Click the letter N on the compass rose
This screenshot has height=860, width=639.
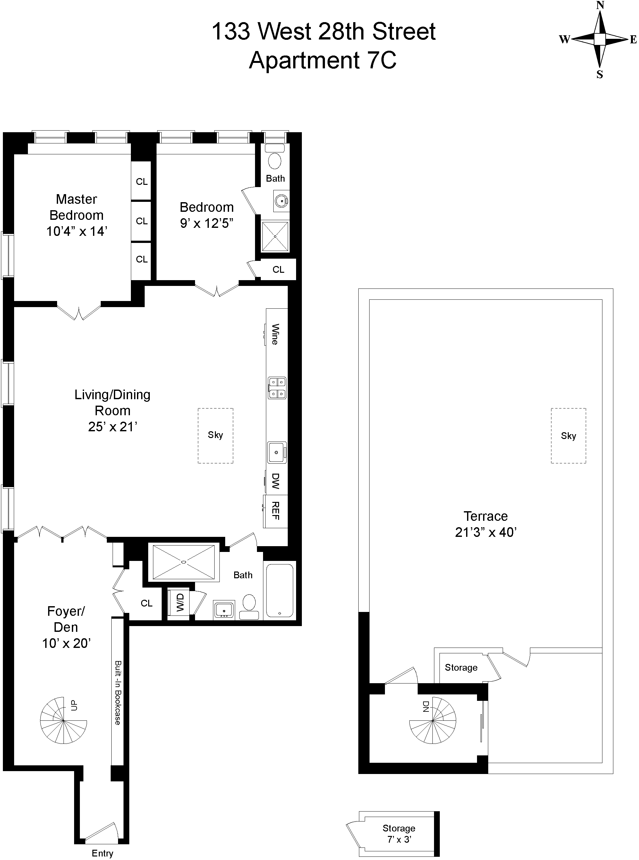(600, 5)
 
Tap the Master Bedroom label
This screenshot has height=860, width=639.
(77, 207)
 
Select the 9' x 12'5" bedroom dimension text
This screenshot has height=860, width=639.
(207, 224)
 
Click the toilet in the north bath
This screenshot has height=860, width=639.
(275, 160)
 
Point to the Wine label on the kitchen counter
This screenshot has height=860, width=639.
(275, 334)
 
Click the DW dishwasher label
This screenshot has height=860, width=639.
(275, 481)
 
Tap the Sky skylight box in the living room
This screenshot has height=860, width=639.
(216, 435)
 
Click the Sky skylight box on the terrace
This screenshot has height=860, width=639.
(568, 435)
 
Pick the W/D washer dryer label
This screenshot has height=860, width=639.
(180, 603)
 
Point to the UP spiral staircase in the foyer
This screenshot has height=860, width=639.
(64, 720)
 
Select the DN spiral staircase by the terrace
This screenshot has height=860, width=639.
(433, 721)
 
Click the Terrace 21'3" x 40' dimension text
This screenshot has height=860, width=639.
(486, 532)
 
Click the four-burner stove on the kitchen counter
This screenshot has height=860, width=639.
(277, 388)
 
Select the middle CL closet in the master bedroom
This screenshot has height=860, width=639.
(141, 221)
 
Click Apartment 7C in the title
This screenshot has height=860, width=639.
(323, 61)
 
